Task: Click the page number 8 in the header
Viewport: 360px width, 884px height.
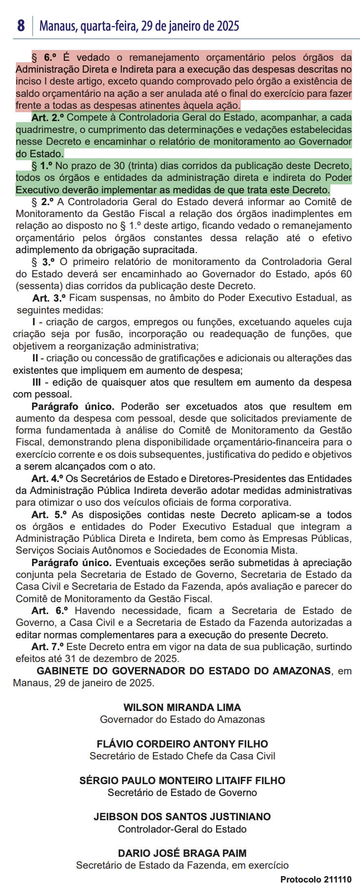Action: point(21,26)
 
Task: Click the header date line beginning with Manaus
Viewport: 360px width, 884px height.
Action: point(139,26)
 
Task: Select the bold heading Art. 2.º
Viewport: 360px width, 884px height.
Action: point(48,118)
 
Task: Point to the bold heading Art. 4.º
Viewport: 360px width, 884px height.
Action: point(47,479)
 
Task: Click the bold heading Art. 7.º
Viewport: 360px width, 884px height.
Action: point(47,647)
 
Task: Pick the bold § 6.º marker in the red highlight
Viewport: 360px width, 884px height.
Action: point(45,57)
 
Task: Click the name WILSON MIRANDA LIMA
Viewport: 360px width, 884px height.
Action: point(182,707)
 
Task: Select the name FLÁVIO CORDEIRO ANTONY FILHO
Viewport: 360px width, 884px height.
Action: point(182,744)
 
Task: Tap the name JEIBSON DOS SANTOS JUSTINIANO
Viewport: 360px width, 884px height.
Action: point(182,817)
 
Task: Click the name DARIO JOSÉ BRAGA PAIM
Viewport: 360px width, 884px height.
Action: point(182,853)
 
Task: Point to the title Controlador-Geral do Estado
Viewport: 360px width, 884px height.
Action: point(182,829)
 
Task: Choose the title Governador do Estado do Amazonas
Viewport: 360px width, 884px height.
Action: point(182,720)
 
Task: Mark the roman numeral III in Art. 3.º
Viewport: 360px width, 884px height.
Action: point(37,382)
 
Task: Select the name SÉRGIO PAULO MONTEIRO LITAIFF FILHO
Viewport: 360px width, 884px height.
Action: point(182,781)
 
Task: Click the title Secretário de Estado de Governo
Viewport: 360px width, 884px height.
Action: point(182,793)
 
